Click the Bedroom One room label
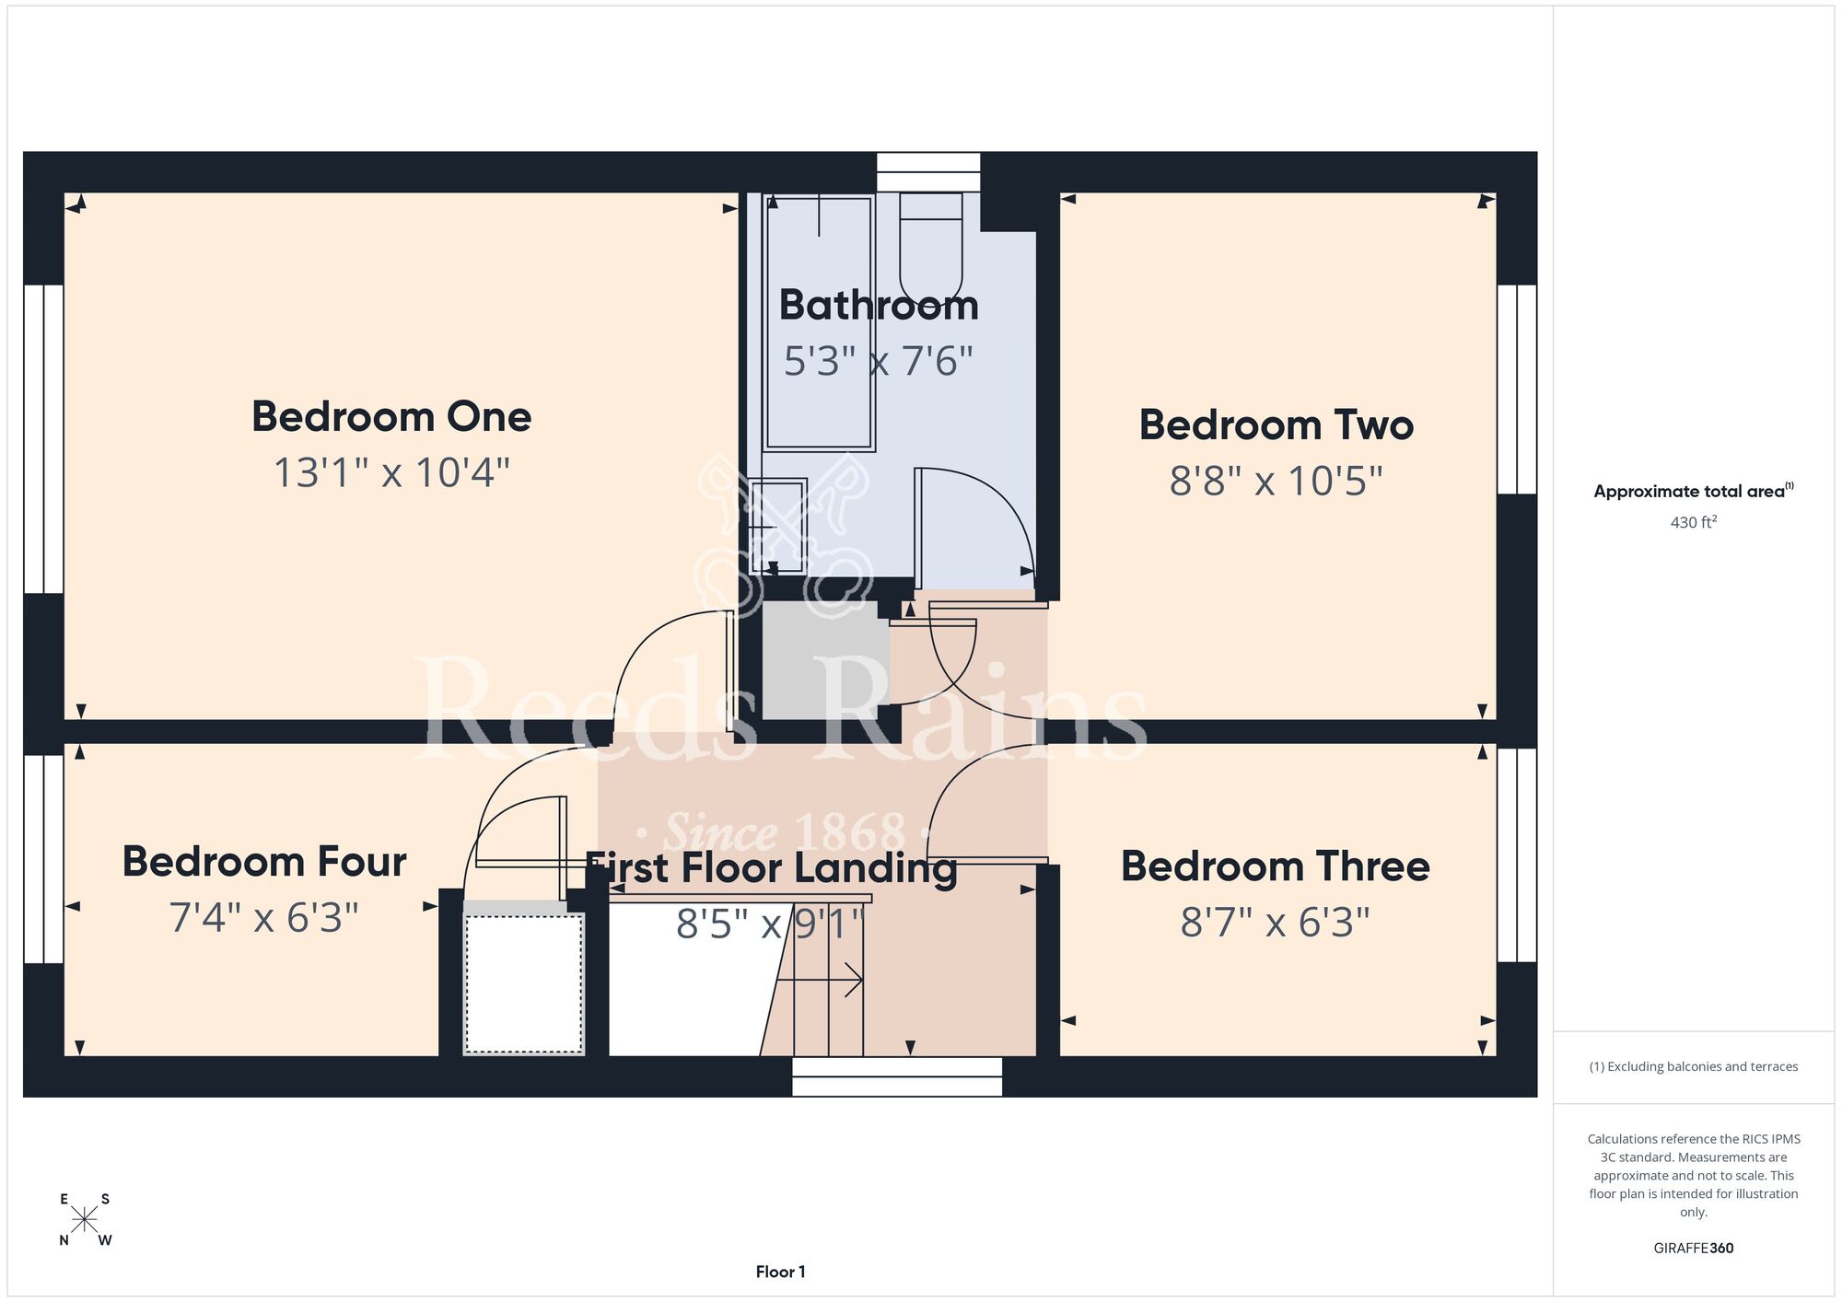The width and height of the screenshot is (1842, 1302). point(391,417)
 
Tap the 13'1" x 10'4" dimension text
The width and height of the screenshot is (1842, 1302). point(391,472)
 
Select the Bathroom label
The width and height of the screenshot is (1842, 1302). point(879,305)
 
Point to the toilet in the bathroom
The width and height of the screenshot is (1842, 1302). point(930,243)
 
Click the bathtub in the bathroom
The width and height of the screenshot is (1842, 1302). point(819,321)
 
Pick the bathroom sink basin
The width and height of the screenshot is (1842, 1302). point(778,526)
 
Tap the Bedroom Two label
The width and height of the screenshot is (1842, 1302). point(1277,425)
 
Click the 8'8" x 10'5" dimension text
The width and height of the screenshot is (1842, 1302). point(1277,481)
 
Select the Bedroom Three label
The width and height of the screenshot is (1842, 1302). point(1276,866)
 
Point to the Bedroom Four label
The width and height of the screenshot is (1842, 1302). point(264,862)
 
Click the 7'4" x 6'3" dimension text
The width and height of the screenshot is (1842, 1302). point(264,918)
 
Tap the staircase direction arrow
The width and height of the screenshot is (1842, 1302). point(820,981)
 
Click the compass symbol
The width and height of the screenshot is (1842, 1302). point(85,1220)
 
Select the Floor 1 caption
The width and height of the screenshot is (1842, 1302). point(780,1272)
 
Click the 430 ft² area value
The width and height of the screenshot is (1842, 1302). point(1694,522)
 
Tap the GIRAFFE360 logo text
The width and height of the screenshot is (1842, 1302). point(1694,1249)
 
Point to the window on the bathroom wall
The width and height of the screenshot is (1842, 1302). point(928,172)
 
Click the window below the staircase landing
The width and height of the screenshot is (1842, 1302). point(897,1076)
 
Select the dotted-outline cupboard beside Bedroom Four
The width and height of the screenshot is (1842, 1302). point(523,983)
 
